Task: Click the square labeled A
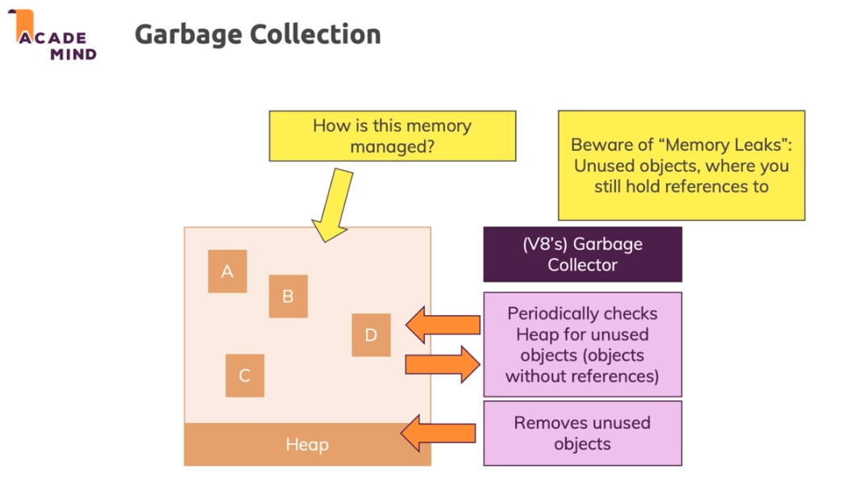(227, 272)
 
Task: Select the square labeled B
(288, 296)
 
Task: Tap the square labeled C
(244, 376)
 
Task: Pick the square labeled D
(371, 335)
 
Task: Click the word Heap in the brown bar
(307, 445)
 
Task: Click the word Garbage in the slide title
(189, 35)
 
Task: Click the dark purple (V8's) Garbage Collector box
(582, 254)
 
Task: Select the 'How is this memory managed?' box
(392, 136)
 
